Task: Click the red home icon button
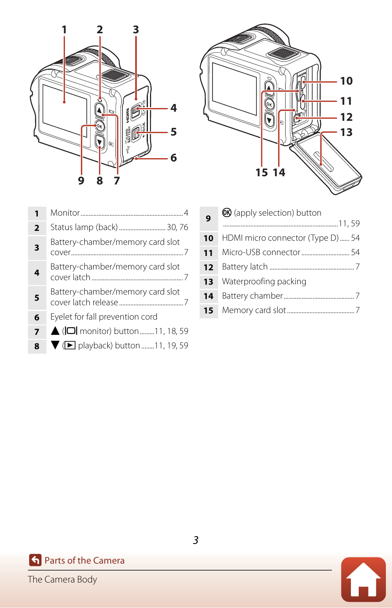(363, 579)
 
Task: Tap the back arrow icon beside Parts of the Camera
(35, 560)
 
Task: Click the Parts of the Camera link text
(84, 560)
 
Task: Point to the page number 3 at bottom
(196, 540)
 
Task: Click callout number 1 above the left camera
(64, 30)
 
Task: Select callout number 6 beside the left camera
(173, 158)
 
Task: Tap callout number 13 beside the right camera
(346, 132)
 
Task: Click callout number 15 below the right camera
(262, 173)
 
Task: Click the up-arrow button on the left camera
(99, 110)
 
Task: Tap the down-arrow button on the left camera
(99, 141)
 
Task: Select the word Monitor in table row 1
(65, 213)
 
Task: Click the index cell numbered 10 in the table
(208, 238)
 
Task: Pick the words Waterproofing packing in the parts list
(264, 281)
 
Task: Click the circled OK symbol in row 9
(227, 212)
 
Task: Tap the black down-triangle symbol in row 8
(55, 345)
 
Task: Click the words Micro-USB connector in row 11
(261, 252)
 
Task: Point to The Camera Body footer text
(62, 580)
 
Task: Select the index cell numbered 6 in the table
(37, 317)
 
